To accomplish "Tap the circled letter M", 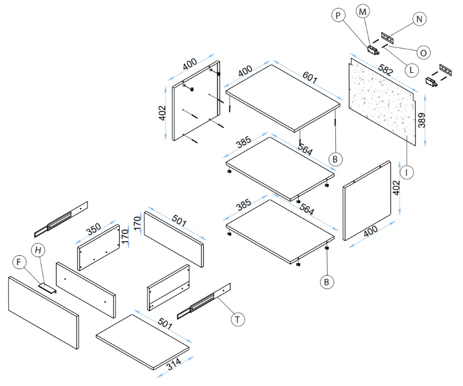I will [x=363, y=11].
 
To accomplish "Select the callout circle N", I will [x=420, y=19].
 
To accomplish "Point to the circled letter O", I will [x=423, y=52].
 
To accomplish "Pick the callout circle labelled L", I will [x=411, y=70].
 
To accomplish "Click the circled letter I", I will [x=408, y=173].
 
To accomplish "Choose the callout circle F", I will [x=20, y=261].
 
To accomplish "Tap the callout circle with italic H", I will [x=38, y=250].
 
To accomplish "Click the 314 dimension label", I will [x=173, y=364].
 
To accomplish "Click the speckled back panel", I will [x=382, y=103].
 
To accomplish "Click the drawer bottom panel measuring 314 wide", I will [x=142, y=341].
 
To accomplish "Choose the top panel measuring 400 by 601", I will [x=283, y=96].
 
